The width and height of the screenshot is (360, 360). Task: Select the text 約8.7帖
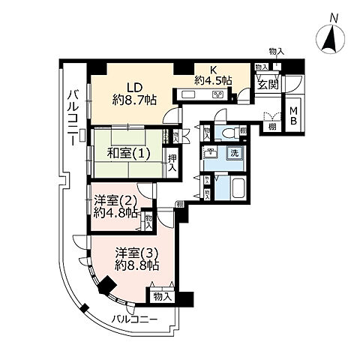(135, 100)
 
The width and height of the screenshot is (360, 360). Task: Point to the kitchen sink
(187, 94)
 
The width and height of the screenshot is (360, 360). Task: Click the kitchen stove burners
(219, 94)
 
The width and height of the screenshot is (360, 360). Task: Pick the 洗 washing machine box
(234, 154)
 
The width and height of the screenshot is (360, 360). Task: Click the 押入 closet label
(172, 161)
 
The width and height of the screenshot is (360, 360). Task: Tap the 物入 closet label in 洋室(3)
(162, 296)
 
